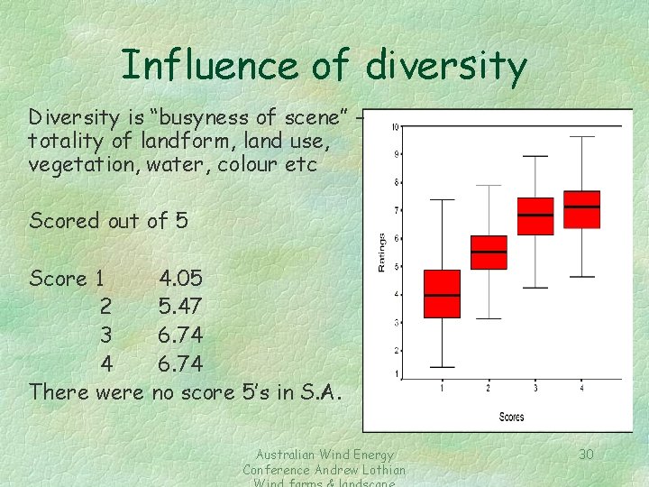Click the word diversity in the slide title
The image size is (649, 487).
tap(445, 66)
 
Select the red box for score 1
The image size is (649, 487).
tap(442, 293)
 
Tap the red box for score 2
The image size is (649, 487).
tap(489, 253)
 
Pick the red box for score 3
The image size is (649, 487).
tap(535, 216)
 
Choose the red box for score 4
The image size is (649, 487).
tap(581, 209)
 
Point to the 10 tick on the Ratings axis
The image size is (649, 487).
tap(395, 127)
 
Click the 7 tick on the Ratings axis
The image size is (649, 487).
tap(397, 210)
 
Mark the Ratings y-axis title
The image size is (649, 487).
tap(381, 253)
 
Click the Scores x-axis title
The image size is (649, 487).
tap(511, 417)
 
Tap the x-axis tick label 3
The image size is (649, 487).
tap(535, 389)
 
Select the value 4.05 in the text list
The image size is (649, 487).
tap(181, 278)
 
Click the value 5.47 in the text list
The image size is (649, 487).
tap(180, 307)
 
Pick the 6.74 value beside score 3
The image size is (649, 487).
tap(180, 335)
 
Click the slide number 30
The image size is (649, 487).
tap(586, 454)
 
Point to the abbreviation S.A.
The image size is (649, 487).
tap(322, 392)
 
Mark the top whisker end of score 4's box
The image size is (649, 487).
tap(581, 137)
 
